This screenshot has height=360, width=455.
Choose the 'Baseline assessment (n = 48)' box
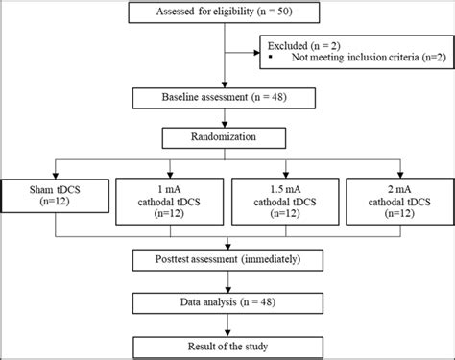coord(225,98)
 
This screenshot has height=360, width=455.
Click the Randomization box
coord(225,138)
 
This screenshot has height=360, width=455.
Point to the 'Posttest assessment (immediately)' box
coord(225,259)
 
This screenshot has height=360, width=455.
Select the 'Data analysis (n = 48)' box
coord(225,302)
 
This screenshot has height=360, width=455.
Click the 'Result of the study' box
coord(225,343)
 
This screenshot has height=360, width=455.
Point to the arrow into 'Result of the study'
coord(225,324)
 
